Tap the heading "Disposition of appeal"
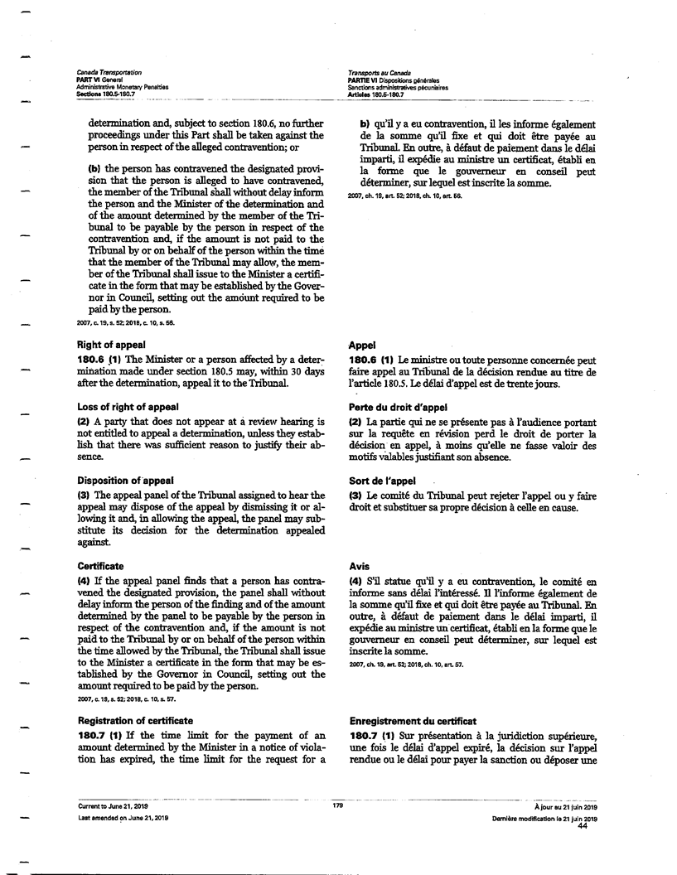[x=125, y=481]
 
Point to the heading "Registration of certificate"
[x=135, y=721]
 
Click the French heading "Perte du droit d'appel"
[x=398, y=407]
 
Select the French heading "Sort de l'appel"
[x=382, y=481]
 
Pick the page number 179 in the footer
[x=338, y=805]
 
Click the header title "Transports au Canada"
[x=380, y=74]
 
